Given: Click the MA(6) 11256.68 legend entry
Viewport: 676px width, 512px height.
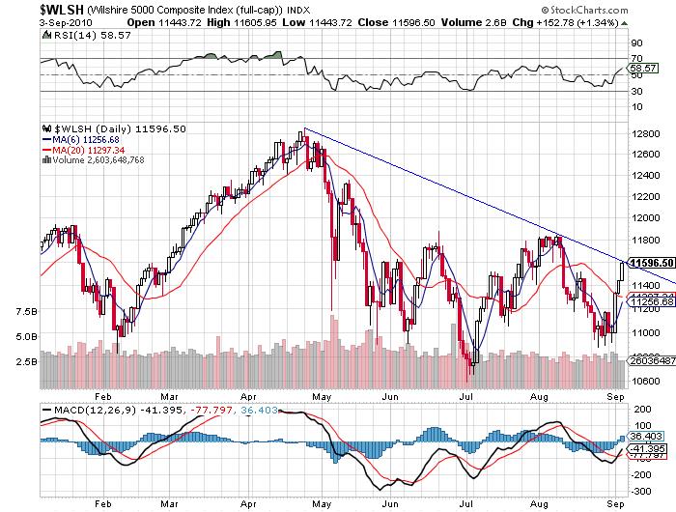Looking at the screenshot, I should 89,139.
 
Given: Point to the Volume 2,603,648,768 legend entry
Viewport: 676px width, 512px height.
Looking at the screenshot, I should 98,160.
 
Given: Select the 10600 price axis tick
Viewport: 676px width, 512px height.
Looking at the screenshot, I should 642,380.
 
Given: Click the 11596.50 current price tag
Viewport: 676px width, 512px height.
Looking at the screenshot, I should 649,262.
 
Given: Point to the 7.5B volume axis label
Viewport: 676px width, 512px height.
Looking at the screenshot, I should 26,312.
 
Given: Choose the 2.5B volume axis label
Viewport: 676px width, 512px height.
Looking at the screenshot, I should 26,361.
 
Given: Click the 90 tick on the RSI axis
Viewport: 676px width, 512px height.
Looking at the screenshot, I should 636,43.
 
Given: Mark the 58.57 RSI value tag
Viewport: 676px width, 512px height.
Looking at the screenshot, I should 642,70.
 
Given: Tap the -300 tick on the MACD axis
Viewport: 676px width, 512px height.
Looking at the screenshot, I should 640,492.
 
